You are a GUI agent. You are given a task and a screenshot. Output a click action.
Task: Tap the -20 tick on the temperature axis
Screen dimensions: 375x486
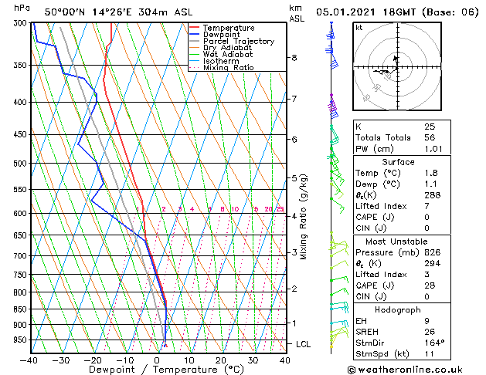coord(92,360)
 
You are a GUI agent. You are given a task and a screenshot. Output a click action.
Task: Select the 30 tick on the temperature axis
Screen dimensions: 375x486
coord(253,360)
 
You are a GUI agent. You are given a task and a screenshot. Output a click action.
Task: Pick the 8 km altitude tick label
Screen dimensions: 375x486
coord(294,58)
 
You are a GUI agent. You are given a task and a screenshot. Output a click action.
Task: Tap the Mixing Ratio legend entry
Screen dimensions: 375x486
coord(228,68)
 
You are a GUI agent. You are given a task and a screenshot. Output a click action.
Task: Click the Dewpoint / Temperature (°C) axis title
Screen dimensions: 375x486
coord(156,370)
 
